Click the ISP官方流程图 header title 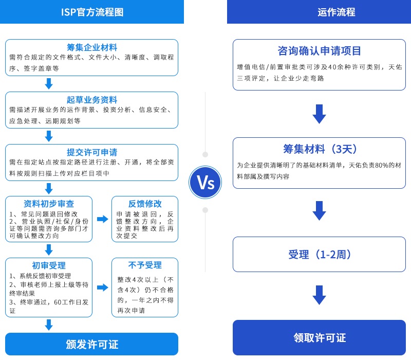pos(92,12)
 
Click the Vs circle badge pos(205,182)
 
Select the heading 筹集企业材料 pos(92,47)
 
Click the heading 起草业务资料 pos(92,100)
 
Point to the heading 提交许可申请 pos(92,152)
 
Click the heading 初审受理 pos(49,265)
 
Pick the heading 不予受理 pos(145,265)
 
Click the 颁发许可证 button pos(92,344)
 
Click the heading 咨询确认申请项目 pos(319,51)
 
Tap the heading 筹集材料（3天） pos(319,149)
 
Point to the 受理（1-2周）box pos(319,255)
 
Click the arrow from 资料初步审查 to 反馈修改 pos(102,219)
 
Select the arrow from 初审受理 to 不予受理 pos(102,287)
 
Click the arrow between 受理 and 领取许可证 pos(319,295)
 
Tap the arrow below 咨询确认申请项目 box pos(319,114)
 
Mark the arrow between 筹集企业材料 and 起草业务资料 pos(49,83)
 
